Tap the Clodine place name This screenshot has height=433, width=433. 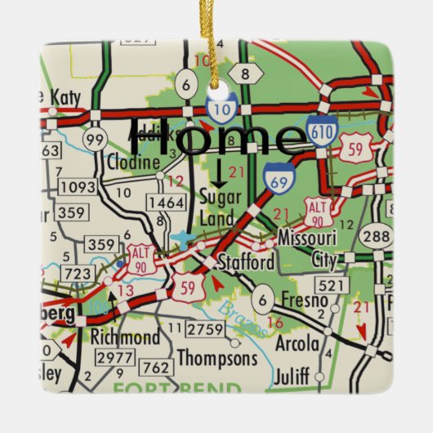pyautogui.click(x=132, y=163)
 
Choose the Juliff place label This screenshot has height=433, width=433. pyautogui.click(x=292, y=377)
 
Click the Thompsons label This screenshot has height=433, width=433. pyautogui.click(x=217, y=358)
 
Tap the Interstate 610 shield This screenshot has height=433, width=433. pyautogui.click(x=324, y=132)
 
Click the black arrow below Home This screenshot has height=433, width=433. pyautogui.click(x=218, y=172)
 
